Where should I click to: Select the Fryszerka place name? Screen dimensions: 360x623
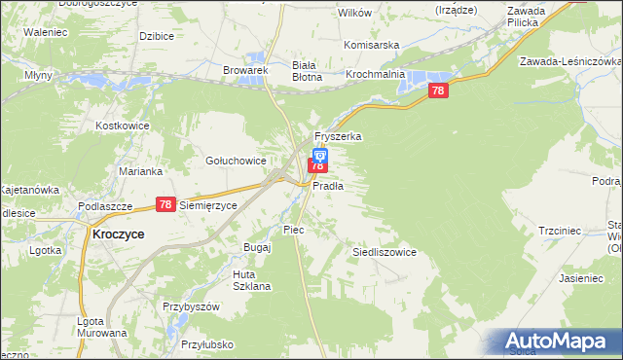point(337,137)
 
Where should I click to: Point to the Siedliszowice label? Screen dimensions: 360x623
point(384,252)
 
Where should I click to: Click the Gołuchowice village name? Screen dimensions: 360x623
point(235,162)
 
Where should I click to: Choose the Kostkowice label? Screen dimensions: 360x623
point(122,126)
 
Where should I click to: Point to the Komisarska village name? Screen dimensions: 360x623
point(373,45)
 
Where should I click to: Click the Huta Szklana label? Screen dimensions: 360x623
point(251,280)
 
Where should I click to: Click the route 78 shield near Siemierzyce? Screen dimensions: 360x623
point(165,204)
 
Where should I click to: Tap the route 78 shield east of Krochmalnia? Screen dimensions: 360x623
point(438,90)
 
